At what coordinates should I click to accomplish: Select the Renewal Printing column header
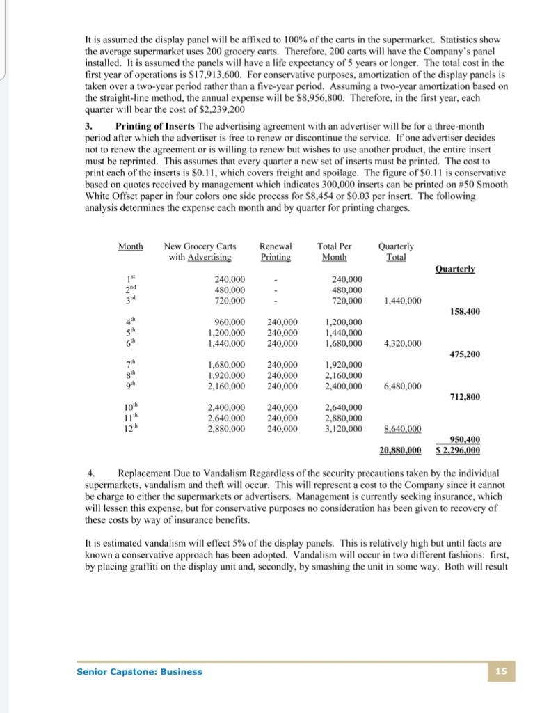(x=276, y=251)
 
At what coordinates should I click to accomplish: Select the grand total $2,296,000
(x=457, y=450)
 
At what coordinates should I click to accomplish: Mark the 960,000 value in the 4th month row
(x=228, y=322)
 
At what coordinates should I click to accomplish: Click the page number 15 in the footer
(x=501, y=671)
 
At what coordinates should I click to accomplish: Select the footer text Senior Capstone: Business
(x=139, y=671)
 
